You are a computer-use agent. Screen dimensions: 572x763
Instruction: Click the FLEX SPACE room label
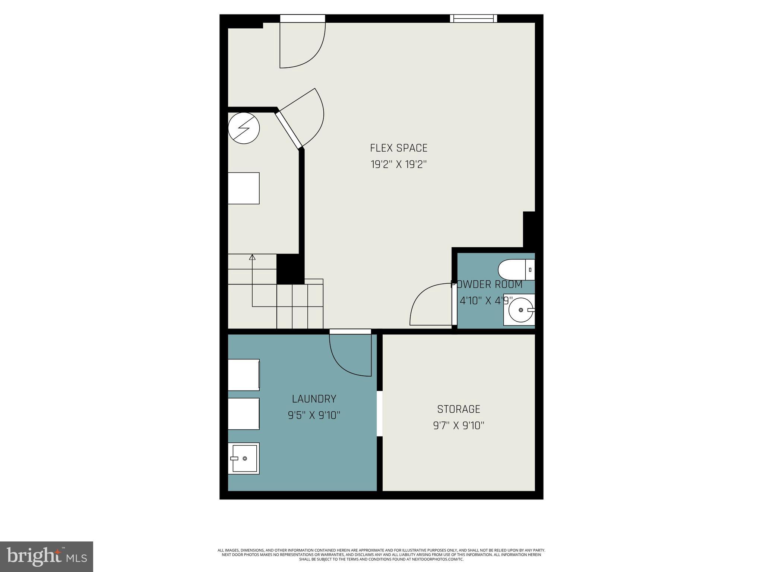click(398, 148)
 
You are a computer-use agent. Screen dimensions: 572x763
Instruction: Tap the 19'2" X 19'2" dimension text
click(398, 164)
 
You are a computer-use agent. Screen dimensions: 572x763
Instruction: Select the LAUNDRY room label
click(314, 399)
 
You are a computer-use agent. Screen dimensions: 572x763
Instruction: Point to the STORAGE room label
click(459, 409)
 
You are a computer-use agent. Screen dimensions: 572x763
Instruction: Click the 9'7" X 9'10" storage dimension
click(459, 425)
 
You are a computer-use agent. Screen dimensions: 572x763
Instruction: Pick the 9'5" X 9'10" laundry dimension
click(314, 415)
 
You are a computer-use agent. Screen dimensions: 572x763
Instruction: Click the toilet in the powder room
click(516, 270)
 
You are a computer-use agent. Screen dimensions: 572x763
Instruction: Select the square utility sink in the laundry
click(244, 458)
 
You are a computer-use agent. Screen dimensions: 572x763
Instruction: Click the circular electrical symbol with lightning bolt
click(244, 128)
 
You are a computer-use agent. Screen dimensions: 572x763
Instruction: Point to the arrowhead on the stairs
click(252, 257)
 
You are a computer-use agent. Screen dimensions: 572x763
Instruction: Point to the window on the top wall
click(474, 18)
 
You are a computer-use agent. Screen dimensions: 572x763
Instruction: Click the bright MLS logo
click(47, 556)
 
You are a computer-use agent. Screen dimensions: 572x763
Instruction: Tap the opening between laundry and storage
click(380, 413)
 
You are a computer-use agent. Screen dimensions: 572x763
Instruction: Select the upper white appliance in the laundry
click(244, 375)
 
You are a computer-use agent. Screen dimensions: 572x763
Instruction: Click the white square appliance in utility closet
click(244, 188)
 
